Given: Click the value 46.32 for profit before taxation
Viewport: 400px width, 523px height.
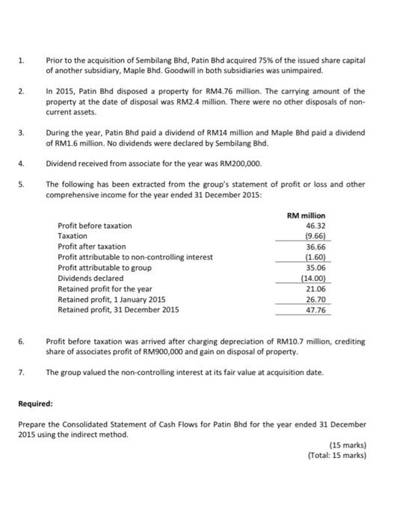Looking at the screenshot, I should click(x=315, y=225).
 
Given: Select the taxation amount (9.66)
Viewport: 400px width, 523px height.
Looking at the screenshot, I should click(x=314, y=235).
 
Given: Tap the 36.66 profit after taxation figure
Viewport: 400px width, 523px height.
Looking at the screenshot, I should click(x=315, y=246).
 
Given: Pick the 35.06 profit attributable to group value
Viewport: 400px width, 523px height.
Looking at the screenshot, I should click(x=315, y=267).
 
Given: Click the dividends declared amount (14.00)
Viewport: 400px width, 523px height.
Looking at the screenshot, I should click(x=313, y=277).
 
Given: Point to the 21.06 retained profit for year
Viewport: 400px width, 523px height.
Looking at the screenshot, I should click(x=315, y=288).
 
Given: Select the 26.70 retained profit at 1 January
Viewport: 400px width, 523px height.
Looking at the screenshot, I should click(x=315, y=298).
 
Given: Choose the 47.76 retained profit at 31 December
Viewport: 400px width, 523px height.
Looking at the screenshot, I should click(x=315, y=309).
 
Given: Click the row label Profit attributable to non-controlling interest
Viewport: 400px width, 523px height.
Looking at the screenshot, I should click(x=135, y=256).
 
